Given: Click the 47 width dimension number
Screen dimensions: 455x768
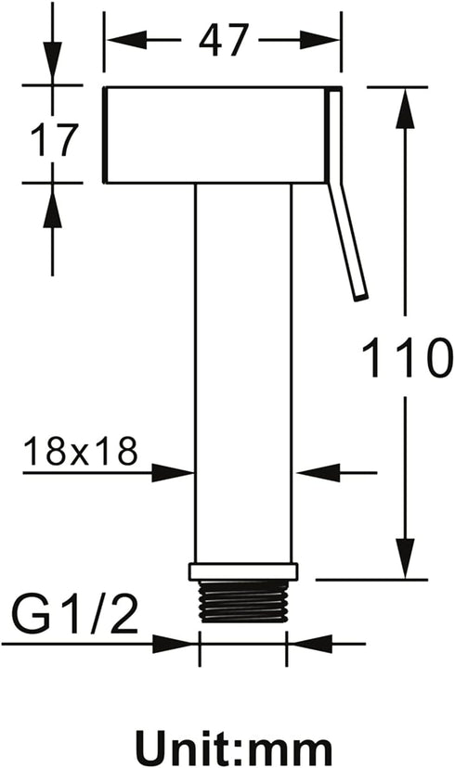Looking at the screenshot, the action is tap(224, 39).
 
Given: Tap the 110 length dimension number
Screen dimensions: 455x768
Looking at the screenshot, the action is tap(405, 357).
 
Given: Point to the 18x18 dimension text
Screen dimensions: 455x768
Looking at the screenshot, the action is tap(81, 451).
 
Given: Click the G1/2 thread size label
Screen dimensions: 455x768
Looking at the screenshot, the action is tap(74, 613).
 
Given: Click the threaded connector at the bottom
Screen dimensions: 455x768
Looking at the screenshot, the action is tap(243, 601).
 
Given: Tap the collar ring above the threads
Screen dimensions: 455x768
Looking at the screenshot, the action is tap(243, 571).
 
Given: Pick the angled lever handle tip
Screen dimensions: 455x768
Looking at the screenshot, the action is tap(361, 295).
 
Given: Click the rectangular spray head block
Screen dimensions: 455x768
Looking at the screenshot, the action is tap(215, 135).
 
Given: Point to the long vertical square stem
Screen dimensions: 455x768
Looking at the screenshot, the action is tap(243, 373).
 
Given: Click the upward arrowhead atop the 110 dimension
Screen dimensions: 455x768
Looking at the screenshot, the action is tap(405, 109).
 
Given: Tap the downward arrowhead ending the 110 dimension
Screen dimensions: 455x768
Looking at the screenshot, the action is tap(405, 559).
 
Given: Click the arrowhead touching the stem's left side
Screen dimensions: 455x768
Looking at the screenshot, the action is tap(173, 473).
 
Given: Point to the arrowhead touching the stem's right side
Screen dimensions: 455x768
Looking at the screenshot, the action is tap(318, 473).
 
